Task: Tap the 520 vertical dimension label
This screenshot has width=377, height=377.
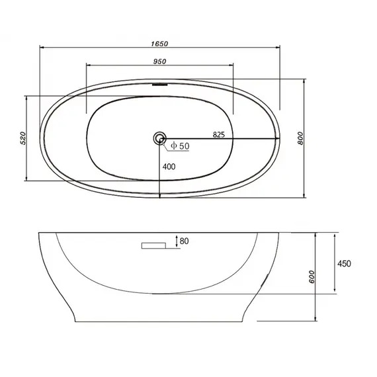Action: pos(22,138)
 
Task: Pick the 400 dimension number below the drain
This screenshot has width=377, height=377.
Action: pos(169,167)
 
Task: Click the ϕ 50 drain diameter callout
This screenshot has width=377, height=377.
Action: pos(179,145)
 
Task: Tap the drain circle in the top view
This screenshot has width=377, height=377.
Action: pos(159,138)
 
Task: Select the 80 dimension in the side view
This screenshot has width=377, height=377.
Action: pos(184,241)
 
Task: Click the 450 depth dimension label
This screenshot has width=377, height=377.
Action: pos(344,263)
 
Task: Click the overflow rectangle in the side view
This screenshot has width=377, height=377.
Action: pos(155,245)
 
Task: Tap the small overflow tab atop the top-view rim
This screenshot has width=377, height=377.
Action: pos(159,83)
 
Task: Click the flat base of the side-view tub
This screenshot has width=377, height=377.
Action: pos(159,321)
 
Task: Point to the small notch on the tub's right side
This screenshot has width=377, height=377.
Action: pos(267,281)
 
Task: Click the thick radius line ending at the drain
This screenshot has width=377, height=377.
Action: pos(218,138)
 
